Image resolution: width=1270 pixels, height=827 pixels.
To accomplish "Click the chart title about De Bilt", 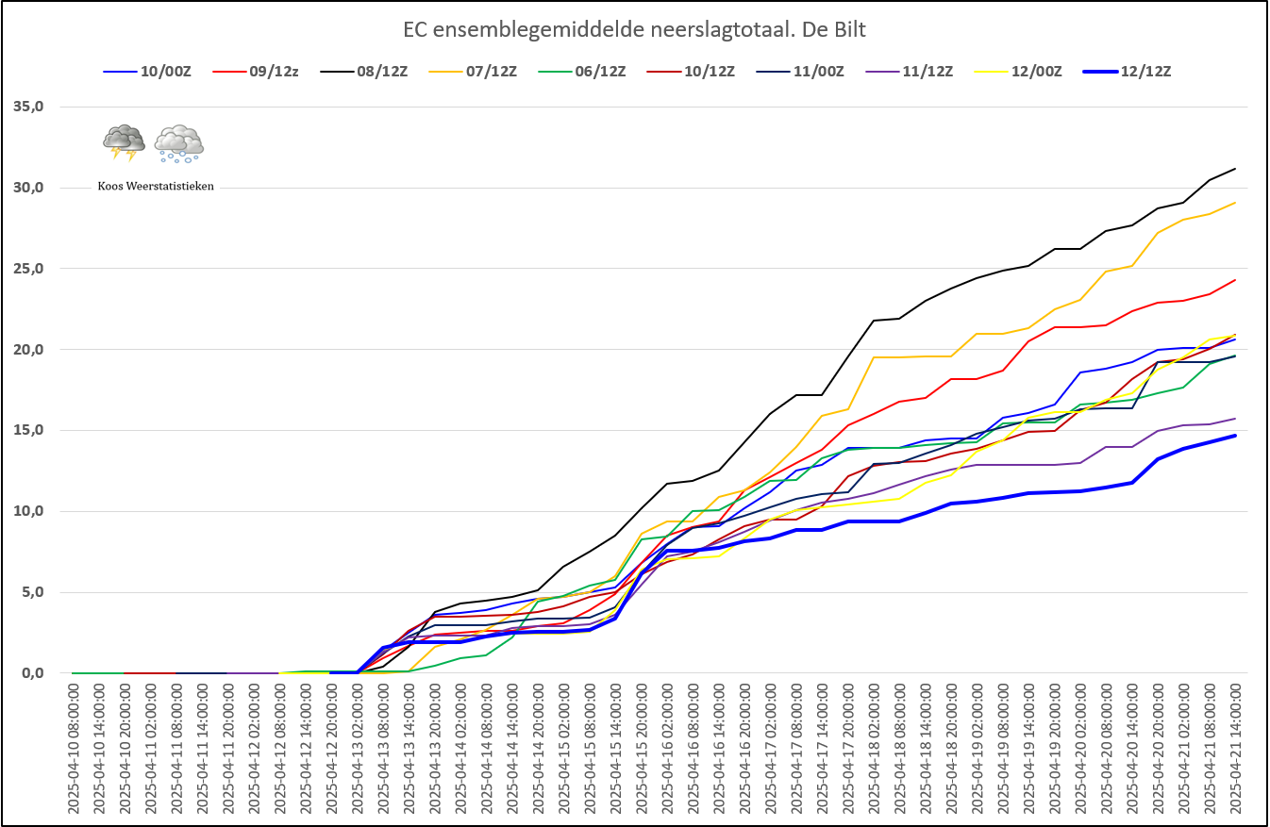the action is click(634, 29).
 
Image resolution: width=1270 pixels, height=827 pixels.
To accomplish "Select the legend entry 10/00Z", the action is click(147, 72).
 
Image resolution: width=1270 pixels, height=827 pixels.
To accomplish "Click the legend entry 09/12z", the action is click(256, 72).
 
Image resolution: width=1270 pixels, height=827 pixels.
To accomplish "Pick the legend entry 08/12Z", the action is click(364, 72).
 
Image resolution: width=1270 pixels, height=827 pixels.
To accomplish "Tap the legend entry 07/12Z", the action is click(474, 72).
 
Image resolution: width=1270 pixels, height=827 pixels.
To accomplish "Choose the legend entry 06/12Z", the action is click(582, 72).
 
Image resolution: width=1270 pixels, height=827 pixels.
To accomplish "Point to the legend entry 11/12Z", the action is click(910, 72).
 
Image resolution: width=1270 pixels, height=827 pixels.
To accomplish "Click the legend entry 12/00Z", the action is click(1018, 72).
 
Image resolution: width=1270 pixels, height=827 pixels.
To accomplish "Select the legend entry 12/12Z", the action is click(1128, 72).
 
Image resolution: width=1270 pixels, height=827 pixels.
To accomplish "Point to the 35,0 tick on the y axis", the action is click(28, 107).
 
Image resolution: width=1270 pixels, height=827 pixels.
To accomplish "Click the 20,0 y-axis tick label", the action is click(28, 350).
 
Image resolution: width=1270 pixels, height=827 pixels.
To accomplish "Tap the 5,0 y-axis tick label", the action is click(32, 592).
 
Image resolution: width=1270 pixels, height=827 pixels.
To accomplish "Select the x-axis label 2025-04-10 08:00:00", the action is click(74, 749).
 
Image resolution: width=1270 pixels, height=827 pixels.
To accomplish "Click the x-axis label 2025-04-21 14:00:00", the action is click(1235, 749).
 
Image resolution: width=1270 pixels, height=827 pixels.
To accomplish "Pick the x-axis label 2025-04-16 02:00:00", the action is click(667, 749).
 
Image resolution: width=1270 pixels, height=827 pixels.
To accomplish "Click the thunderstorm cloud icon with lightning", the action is click(124, 142).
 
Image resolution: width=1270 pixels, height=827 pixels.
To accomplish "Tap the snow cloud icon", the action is click(179, 144).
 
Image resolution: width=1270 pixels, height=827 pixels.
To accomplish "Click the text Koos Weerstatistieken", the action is click(156, 187).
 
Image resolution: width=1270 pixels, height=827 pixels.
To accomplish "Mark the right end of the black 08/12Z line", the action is click(1235, 169).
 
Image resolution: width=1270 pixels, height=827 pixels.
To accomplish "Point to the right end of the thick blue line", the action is click(1235, 436).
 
